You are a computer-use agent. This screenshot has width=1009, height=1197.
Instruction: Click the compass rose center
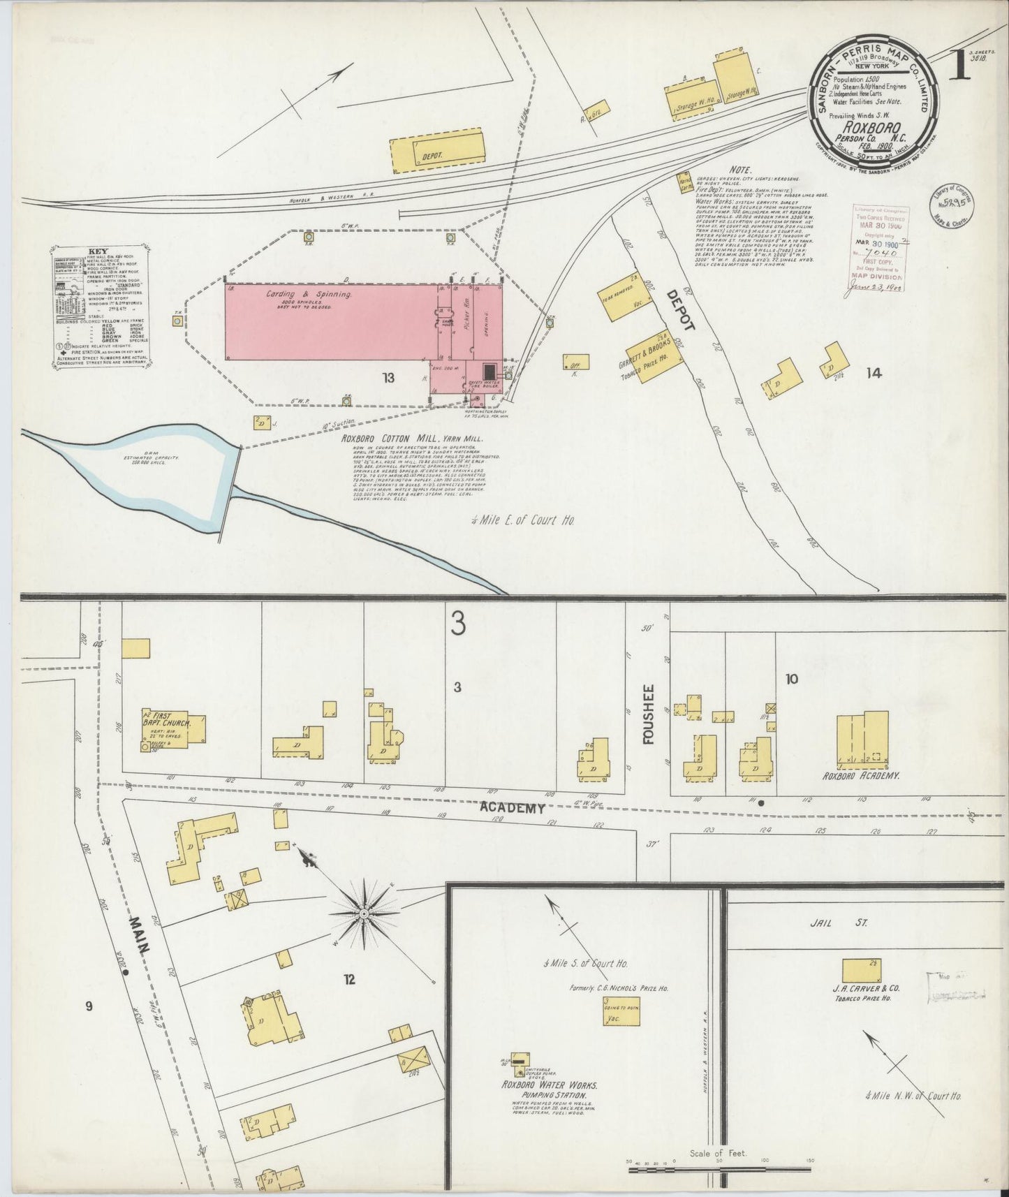364,912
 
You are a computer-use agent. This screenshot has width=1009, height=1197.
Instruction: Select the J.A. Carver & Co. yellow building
861,971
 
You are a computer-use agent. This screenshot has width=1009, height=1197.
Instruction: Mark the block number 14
873,374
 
